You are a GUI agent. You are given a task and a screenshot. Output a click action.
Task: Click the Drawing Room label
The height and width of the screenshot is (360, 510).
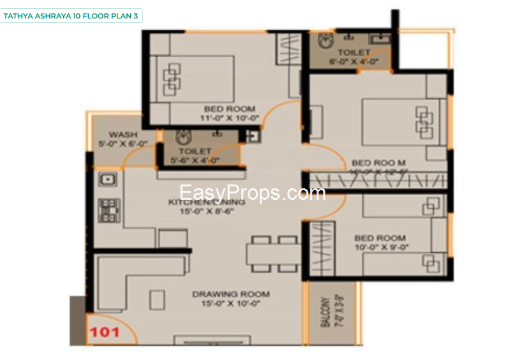tap(231, 294)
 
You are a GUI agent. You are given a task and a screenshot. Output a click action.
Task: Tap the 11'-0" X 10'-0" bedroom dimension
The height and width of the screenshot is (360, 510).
tap(230, 118)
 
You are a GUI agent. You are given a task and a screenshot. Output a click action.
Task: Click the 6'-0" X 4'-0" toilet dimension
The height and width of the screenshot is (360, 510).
tap(354, 62)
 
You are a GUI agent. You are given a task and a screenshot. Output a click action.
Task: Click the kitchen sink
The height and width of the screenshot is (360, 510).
tap(107, 179)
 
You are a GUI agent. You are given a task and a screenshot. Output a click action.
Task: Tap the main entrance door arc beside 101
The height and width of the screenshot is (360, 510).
tap(115, 329)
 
